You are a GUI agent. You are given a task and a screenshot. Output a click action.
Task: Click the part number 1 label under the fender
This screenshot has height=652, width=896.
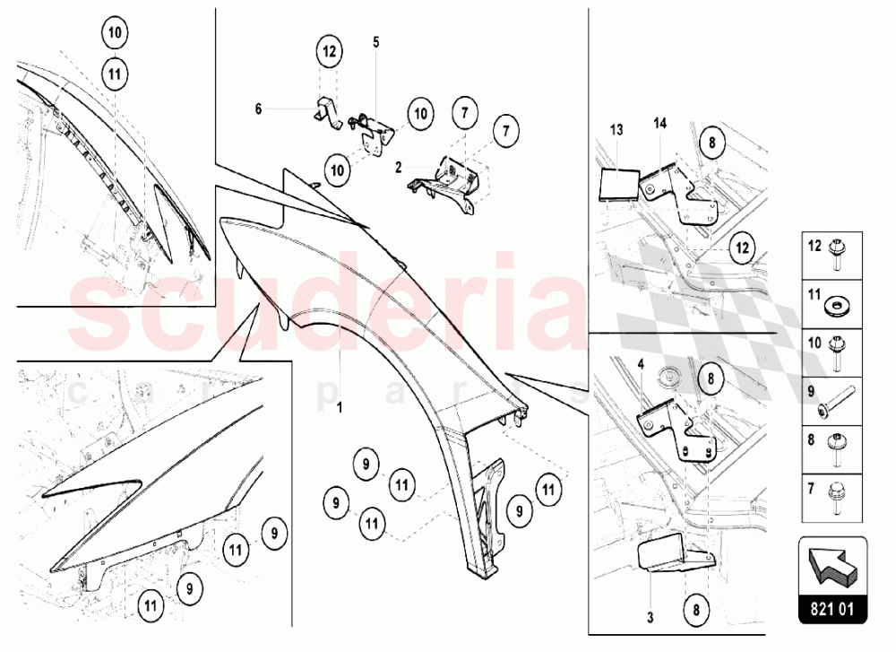point(340,408)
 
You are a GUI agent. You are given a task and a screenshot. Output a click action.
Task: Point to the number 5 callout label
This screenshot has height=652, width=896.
point(376,42)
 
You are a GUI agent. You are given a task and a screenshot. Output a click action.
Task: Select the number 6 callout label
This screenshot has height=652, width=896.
point(258,109)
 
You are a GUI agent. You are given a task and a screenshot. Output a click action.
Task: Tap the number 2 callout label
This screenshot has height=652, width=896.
point(399,167)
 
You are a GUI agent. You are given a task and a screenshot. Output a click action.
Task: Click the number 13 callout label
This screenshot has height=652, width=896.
point(616,130)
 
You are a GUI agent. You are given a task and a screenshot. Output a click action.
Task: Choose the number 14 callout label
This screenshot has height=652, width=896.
point(660,123)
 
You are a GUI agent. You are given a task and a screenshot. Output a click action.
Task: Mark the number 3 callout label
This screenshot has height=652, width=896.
point(650,618)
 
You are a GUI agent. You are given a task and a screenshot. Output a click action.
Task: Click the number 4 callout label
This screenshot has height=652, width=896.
point(642,364)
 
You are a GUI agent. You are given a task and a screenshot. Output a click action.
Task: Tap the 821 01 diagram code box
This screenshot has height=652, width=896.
point(832,609)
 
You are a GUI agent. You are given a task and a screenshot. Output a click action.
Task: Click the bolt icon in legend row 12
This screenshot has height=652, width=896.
point(838,256)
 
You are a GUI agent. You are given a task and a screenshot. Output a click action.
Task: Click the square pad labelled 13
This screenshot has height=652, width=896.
point(619,184)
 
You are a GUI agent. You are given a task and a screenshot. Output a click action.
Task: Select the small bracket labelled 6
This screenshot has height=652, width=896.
point(328,112)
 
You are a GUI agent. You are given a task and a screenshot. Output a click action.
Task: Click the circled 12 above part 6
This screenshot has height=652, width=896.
point(329,51)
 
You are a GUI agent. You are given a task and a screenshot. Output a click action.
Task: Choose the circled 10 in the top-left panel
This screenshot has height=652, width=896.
point(115,32)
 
